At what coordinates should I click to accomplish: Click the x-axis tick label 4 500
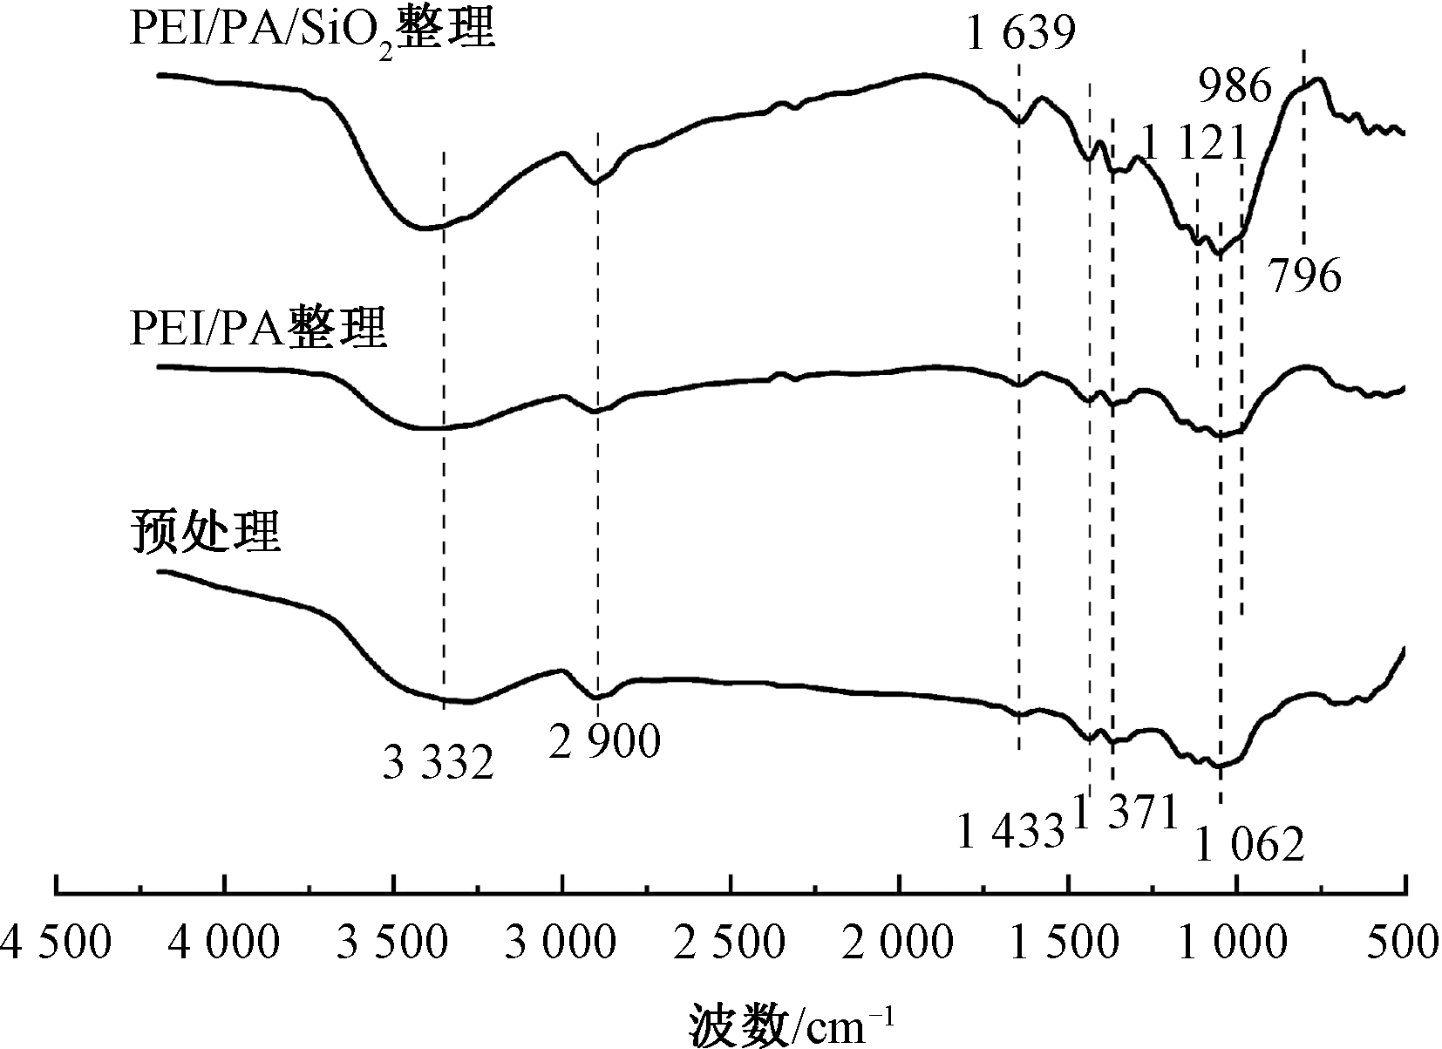point(56,944)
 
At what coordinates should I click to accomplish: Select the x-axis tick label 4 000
point(225,944)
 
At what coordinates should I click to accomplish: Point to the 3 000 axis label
point(562,944)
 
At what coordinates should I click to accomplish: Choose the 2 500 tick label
point(731,944)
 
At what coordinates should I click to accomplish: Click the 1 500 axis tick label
point(1069,944)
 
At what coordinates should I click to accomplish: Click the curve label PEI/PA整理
point(257,329)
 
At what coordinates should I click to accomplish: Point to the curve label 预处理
point(206,531)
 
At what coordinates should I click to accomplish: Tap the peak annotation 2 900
point(606,742)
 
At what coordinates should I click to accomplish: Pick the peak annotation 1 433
point(1011,832)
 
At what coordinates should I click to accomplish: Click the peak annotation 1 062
point(1249,844)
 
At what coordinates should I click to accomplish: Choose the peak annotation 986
point(1236,86)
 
